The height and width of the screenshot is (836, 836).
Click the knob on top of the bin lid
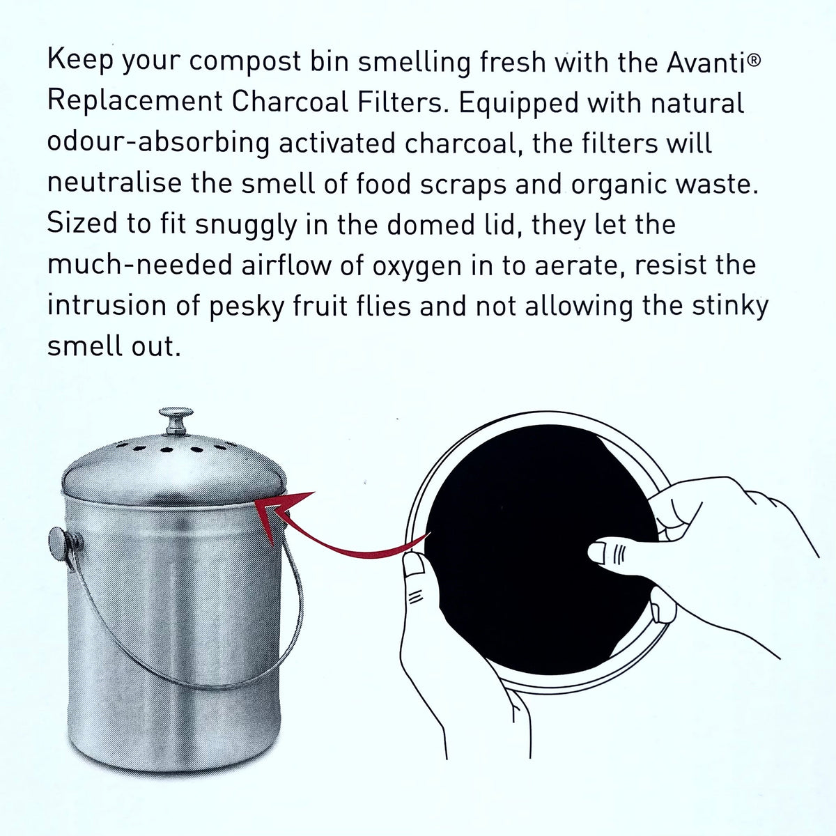click(x=174, y=419)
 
